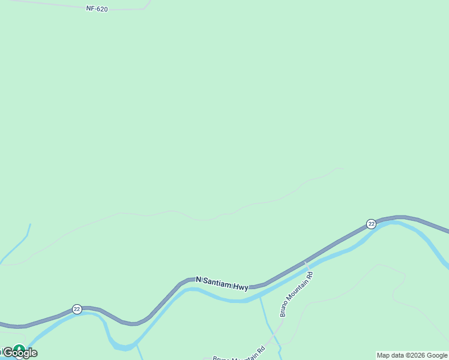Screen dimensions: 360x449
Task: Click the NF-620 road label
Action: (x=96, y=9)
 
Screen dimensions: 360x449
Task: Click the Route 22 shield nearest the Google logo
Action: (x=77, y=308)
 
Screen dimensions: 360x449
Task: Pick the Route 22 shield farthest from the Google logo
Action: (x=372, y=224)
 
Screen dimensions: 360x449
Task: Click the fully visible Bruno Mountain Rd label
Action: (x=297, y=294)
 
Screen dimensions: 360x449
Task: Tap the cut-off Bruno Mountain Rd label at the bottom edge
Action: (x=239, y=354)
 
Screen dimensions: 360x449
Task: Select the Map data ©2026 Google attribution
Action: (x=412, y=355)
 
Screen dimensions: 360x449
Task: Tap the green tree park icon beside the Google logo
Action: (x=19, y=349)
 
